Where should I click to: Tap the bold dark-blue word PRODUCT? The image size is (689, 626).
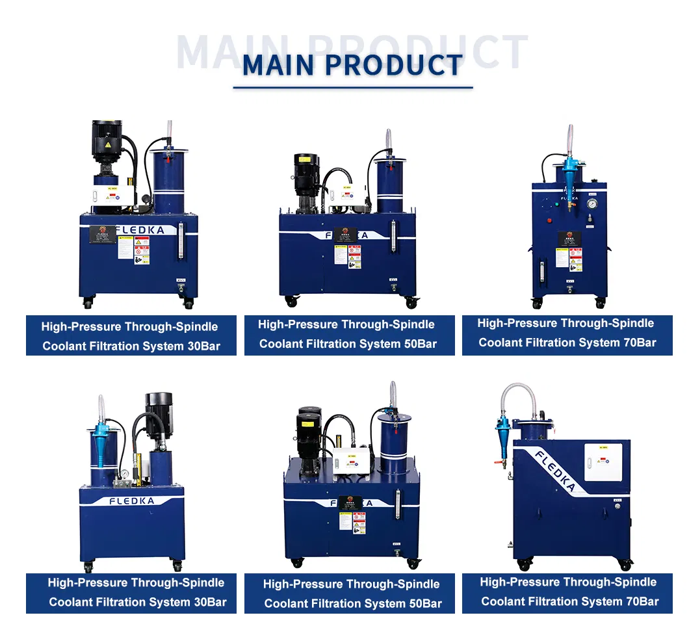pyautogui.click(x=394, y=65)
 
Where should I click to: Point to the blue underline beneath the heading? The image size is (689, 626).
pyautogui.click(x=352, y=86)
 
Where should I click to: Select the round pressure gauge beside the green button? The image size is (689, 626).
pyautogui.click(x=591, y=204)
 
